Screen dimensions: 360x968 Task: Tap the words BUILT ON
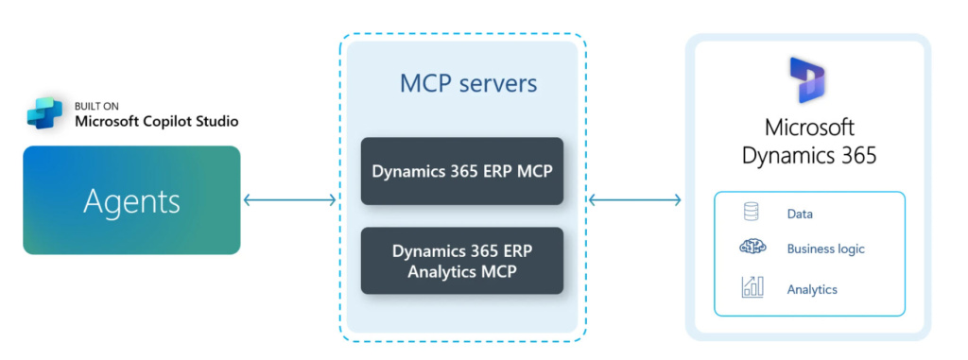(x=98, y=106)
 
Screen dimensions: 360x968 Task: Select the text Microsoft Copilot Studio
(x=156, y=121)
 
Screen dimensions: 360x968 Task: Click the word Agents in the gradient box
(x=131, y=200)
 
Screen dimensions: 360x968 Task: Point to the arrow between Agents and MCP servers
(x=290, y=199)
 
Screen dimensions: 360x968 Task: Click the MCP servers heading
(x=468, y=83)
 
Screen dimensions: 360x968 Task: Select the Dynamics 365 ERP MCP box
(x=461, y=172)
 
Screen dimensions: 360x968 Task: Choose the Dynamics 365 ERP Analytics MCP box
(x=461, y=261)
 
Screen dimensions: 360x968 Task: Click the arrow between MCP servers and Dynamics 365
(x=634, y=199)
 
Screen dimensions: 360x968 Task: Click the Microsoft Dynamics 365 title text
(x=808, y=141)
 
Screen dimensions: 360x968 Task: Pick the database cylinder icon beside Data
(x=752, y=213)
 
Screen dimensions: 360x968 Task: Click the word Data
(x=800, y=214)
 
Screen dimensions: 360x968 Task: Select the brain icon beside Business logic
(x=752, y=249)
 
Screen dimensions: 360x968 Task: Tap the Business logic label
(x=825, y=249)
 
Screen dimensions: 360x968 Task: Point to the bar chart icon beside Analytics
(x=752, y=287)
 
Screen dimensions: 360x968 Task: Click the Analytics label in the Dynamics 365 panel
(x=812, y=289)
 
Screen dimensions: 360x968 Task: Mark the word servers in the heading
(x=498, y=83)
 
